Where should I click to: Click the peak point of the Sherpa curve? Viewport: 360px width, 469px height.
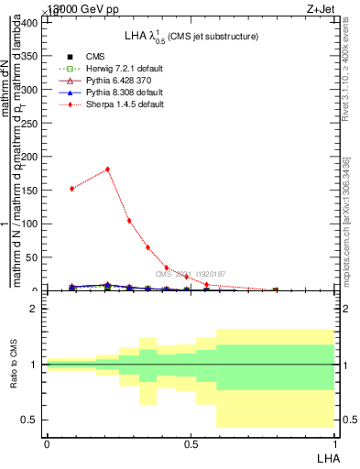[x=108, y=169]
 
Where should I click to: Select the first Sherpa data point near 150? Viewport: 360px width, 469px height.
[x=72, y=189]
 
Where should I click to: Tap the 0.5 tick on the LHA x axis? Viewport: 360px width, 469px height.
[x=190, y=442]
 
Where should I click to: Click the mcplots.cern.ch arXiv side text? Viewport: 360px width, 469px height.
[x=346, y=220]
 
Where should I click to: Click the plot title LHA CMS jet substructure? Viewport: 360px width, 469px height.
[x=191, y=36]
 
